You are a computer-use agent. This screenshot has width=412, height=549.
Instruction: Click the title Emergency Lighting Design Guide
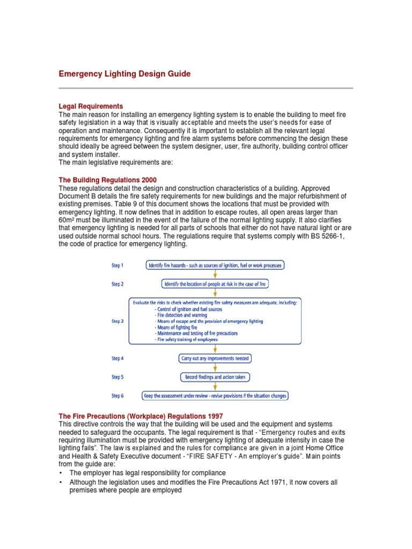click(x=124, y=73)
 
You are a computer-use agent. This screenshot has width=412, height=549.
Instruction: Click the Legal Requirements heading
click(x=91, y=106)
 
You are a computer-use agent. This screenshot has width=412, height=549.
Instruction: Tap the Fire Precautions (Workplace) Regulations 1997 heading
click(x=141, y=416)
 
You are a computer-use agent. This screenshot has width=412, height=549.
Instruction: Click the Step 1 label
click(x=117, y=265)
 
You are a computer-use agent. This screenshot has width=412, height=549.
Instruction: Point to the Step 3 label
click(x=117, y=321)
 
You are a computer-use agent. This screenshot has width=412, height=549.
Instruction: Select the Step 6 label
click(x=117, y=396)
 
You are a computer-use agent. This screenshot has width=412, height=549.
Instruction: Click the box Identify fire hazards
click(x=215, y=265)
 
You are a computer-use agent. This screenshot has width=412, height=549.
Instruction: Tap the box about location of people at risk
click(x=215, y=284)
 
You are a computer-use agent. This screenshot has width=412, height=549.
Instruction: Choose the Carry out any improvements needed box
click(x=215, y=358)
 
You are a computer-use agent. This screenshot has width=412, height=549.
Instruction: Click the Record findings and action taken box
click(x=215, y=377)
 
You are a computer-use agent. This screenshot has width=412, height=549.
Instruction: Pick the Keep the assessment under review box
click(x=215, y=396)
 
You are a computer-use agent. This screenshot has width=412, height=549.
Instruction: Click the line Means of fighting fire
click(x=175, y=327)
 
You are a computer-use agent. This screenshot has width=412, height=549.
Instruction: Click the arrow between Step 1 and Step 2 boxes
click(x=215, y=274)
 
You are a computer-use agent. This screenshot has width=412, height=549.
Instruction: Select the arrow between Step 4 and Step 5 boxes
click(x=215, y=368)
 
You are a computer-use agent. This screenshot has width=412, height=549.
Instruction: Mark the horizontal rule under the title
click(x=205, y=88)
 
